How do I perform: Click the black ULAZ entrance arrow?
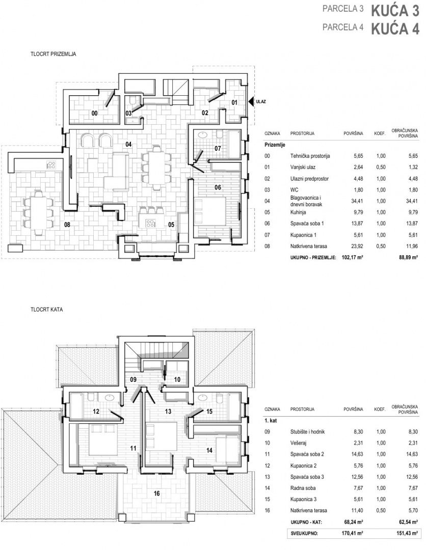coord(251,102)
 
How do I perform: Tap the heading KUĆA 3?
coord(395,11)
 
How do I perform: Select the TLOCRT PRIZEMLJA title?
coord(54,54)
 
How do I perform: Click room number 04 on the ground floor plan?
coord(128,144)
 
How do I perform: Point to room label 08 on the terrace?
coord(67,225)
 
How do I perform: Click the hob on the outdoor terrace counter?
coord(51,164)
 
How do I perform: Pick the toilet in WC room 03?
coord(133,101)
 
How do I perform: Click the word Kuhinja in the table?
coord(298,212)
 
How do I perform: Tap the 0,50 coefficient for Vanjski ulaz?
coord(381,168)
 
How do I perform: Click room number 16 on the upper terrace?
coord(156,493)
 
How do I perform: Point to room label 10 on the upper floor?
coord(177,379)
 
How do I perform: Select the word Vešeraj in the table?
coord(299,443)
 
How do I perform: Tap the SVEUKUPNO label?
coord(304,534)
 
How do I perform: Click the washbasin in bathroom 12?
coord(109,398)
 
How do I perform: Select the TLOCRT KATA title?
coord(47,310)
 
